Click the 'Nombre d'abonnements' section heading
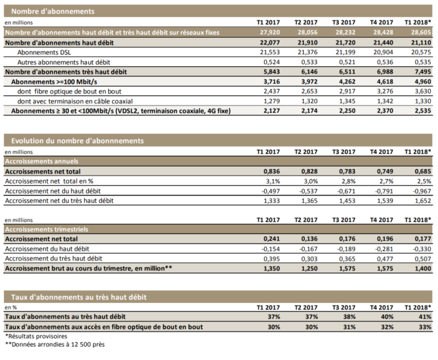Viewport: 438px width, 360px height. tap(53, 11)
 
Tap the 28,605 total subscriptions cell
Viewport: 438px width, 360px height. tap(421, 32)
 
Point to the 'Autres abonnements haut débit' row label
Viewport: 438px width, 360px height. tap(64, 62)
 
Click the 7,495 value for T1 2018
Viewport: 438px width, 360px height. tap(423, 72)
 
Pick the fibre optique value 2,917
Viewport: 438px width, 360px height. tap(348, 91)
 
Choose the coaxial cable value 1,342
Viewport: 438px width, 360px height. tap(385, 101)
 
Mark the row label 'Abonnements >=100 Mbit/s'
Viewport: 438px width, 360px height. tap(54, 82)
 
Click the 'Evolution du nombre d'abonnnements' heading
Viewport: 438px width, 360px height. tap(78, 141)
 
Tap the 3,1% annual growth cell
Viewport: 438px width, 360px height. tap(273, 182)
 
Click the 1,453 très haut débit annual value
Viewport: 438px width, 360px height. tap(348, 201)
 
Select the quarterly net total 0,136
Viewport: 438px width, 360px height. tap(309, 239)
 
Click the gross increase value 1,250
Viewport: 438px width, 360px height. tap(309, 269)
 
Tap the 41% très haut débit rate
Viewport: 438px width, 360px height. tap(425, 317)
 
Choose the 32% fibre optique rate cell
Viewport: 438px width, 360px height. tap(387, 327)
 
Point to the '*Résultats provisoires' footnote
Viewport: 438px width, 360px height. tap(36, 336)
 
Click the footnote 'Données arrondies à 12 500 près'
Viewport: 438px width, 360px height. tap(58, 345)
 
